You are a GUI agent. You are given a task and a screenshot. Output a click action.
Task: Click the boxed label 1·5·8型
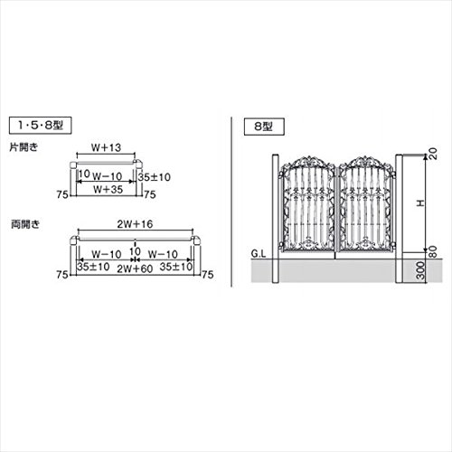[x=41, y=125]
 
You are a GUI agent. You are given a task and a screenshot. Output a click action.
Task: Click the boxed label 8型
[x=264, y=127]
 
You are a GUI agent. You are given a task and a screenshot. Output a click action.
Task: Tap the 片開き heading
[x=24, y=147]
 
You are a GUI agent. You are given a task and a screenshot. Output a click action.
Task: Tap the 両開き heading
[x=25, y=224]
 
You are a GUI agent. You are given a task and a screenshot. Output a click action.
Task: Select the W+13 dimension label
[x=106, y=147]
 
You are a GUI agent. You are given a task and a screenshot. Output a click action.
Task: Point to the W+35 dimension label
[x=108, y=190]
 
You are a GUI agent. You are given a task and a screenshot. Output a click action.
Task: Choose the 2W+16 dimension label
[x=135, y=224]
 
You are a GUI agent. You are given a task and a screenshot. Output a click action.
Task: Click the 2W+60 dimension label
[x=135, y=268]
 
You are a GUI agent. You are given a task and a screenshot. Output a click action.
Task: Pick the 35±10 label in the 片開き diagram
[x=155, y=177]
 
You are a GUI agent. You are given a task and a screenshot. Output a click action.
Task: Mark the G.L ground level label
[x=259, y=254]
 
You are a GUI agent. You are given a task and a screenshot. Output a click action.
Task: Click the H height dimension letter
[x=420, y=203]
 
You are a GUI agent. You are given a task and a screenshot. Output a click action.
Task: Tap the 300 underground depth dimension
[x=421, y=270]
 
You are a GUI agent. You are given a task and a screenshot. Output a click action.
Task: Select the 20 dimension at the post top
[x=432, y=154]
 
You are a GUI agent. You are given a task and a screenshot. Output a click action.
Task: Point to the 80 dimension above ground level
[x=432, y=251]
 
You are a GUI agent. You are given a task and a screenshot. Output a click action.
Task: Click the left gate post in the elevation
[x=276, y=219]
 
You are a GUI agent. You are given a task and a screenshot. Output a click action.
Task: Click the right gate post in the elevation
[x=399, y=219]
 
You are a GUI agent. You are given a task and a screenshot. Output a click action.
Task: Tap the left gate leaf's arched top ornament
[x=308, y=162]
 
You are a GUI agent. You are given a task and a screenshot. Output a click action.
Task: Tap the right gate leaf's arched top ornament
[x=365, y=162]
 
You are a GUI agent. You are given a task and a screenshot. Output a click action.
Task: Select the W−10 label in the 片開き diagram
[x=108, y=176]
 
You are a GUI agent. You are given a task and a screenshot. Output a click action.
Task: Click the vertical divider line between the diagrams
[x=231, y=202]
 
